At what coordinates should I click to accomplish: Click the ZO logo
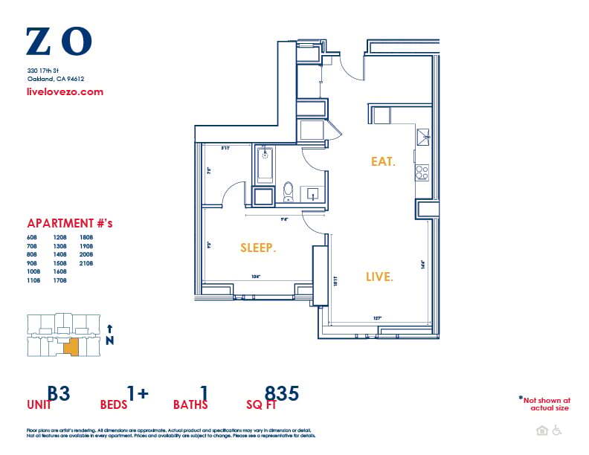point(59,42)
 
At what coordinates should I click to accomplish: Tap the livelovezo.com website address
point(65,92)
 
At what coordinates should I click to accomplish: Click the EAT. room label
point(383,161)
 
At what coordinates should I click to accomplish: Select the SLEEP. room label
point(258,248)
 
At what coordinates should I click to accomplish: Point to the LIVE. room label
point(379,277)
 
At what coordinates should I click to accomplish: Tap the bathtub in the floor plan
point(265,165)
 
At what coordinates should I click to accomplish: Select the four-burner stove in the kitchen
point(422,172)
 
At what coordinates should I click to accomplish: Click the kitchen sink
point(422,135)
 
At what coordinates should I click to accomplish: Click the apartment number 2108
point(86,263)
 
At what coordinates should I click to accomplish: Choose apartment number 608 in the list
point(33,236)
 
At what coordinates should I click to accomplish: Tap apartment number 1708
point(59,281)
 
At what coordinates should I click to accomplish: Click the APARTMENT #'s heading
point(69,223)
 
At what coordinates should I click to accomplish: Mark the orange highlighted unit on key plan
point(69,346)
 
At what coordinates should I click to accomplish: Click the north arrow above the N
point(110,328)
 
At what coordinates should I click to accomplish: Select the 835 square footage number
point(282,393)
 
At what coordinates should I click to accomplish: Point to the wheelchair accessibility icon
point(556,430)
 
